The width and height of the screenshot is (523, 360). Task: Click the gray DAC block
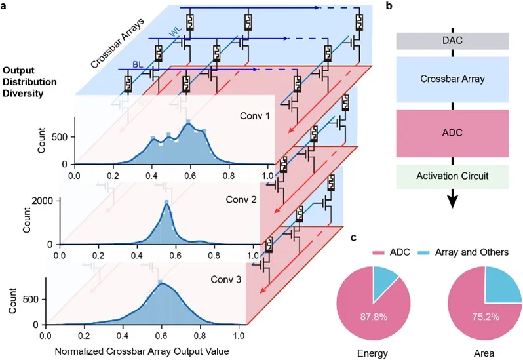click(x=452, y=41)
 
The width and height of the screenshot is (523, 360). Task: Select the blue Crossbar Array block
click(x=452, y=78)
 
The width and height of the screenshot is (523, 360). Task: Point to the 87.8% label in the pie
click(x=373, y=316)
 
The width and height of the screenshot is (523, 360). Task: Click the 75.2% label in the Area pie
click(x=484, y=316)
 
